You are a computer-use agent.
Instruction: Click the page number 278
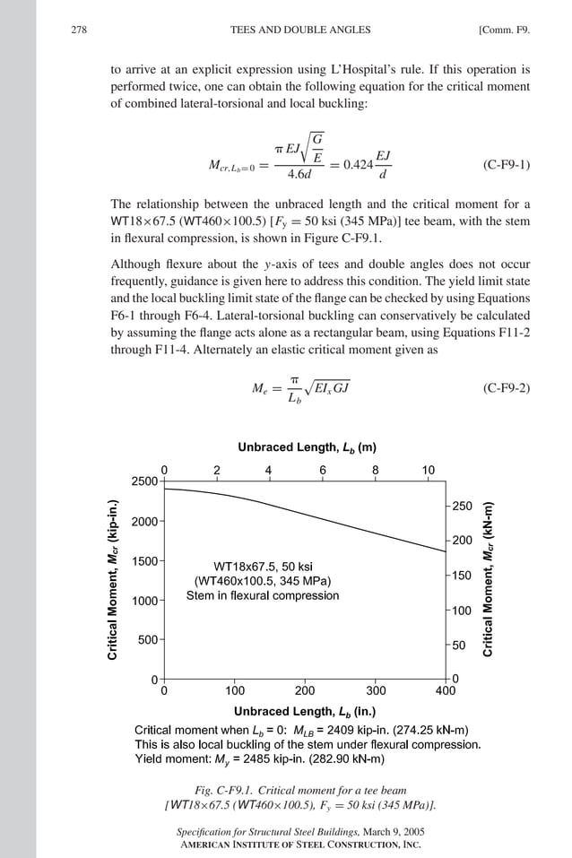[78, 30]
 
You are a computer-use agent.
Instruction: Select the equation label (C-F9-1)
[506, 165]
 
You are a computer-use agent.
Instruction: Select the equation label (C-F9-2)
[506, 387]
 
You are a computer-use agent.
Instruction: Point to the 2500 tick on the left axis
[144, 481]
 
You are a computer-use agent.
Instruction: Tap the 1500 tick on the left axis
[144, 561]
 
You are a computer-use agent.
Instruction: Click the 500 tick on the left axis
[148, 640]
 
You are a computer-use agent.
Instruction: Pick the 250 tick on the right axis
[463, 507]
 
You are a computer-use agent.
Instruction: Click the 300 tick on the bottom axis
[376, 691]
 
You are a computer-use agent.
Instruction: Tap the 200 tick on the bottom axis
[305, 691]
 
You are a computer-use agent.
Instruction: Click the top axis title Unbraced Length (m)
[307, 447]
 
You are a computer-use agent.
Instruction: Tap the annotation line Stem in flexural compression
[263, 595]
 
